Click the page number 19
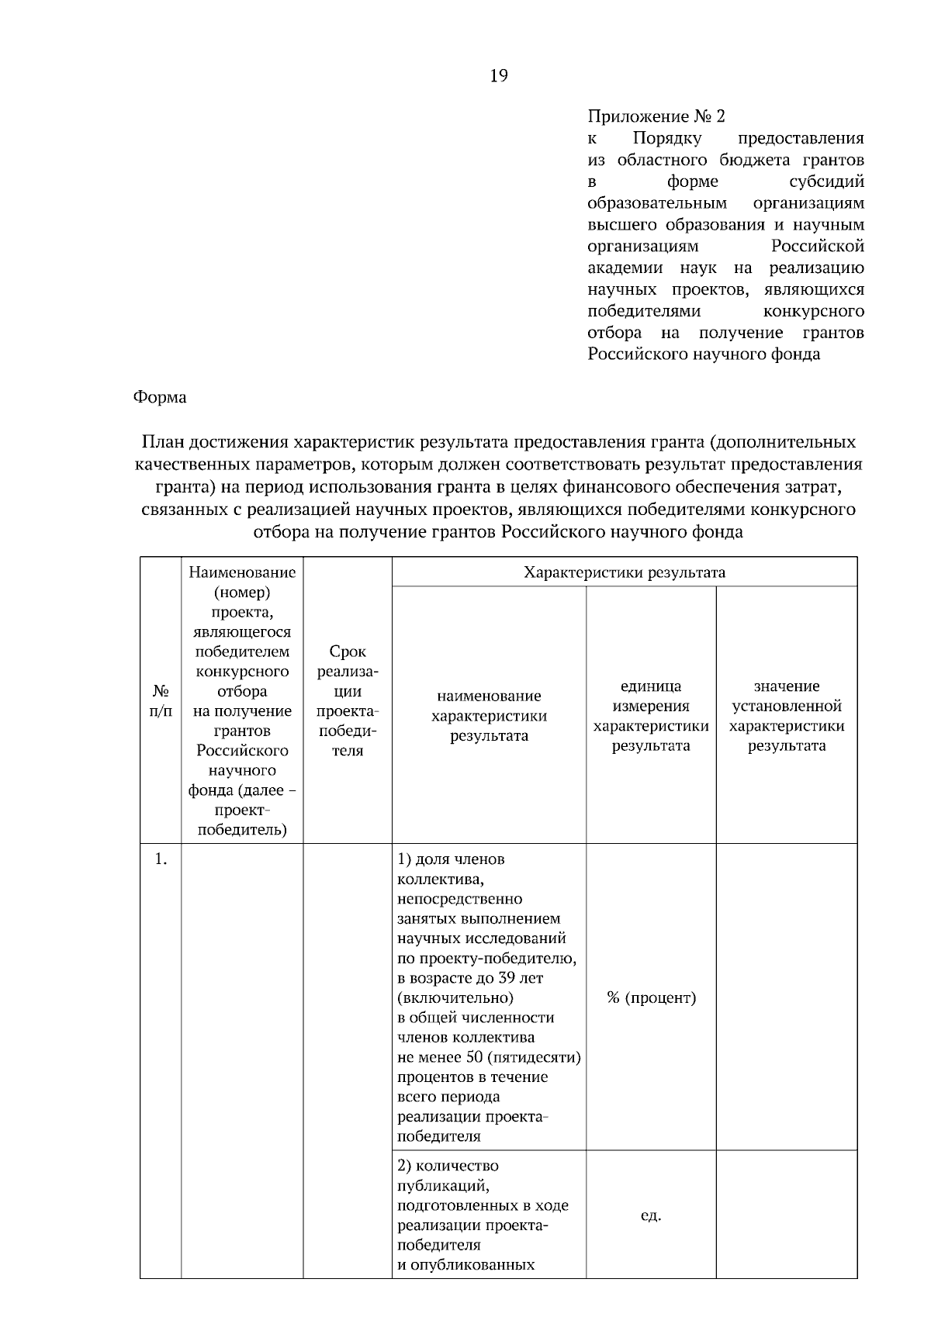(499, 75)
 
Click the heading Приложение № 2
(656, 116)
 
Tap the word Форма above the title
(160, 397)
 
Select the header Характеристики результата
(625, 572)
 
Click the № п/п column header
(161, 700)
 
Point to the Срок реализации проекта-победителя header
(348, 700)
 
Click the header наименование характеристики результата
(489, 715)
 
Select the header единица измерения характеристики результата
(651, 715)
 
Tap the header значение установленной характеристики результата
(787, 715)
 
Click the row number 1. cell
(161, 859)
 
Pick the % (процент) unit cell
(651, 997)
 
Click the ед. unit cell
(651, 1215)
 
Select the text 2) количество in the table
(448, 1166)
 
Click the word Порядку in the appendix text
(666, 138)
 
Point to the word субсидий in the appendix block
(826, 181)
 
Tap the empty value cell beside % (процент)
(787, 997)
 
